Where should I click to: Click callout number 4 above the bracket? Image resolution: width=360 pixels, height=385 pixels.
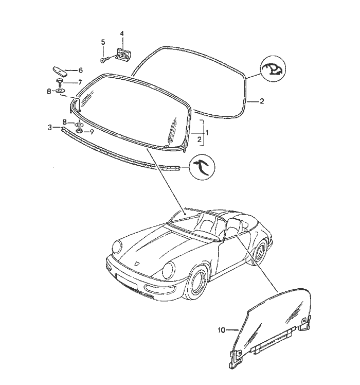click(x=122, y=33)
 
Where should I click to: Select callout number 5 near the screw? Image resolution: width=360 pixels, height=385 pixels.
click(x=103, y=42)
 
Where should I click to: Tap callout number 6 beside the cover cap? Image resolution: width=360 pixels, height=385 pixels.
click(x=80, y=71)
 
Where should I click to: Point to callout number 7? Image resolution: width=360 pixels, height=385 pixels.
click(x=80, y=82)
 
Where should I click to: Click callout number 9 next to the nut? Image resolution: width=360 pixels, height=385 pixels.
click(x=92, y=132)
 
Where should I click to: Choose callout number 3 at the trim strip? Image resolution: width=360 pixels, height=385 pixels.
click(x=50, y=128)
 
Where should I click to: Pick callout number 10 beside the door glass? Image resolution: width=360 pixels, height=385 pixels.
click(x=221, y=330)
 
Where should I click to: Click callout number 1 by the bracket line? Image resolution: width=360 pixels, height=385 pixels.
click(x=207, y=133)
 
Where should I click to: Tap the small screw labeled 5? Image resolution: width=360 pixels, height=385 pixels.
click(x=104, y=59)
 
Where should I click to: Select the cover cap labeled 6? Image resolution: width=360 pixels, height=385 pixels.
click(x=59, y=71)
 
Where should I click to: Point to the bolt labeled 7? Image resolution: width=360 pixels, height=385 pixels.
click(x=59, y=82)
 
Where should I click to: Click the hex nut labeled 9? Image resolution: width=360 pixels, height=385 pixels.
click(x=79, y=131)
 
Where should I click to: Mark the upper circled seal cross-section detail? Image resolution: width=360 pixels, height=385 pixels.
click(x=273, y=69)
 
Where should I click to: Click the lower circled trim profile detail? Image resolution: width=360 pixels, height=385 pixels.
click(x=202, y=167)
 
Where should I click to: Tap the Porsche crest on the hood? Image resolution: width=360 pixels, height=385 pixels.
click(x=137, y=264)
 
